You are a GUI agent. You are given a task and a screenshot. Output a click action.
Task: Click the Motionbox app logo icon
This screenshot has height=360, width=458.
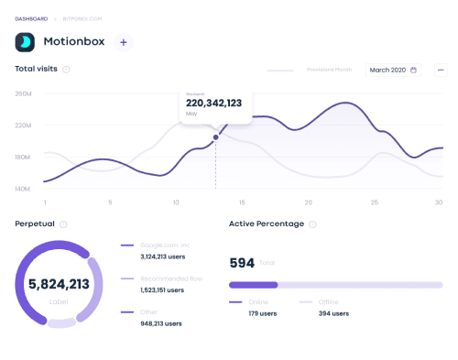[26, 42]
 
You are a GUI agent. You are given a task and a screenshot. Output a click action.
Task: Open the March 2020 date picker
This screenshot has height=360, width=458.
[393, 70]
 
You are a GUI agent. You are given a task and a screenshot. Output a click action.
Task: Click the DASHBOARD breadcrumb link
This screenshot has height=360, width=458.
[31, 18]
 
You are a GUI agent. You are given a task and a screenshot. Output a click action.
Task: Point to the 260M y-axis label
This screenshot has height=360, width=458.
[24, 93]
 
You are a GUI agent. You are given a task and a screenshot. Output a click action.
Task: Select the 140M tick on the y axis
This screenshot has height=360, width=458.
[24, 189]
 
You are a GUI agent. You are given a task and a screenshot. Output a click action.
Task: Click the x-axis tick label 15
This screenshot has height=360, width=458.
[242, 202]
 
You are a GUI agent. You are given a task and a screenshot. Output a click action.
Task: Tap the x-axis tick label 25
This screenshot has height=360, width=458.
[374, 202]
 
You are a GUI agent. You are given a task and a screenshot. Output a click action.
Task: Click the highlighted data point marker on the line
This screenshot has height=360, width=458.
[216, 137]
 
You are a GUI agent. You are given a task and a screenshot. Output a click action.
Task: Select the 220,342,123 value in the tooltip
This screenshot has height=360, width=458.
[213, 104]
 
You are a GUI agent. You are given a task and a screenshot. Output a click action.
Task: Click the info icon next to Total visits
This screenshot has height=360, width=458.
[66, 70]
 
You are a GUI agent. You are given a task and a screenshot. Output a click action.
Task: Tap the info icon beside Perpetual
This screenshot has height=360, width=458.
[63, 224]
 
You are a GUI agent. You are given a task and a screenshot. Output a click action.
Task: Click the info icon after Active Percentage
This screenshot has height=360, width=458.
[312, 224]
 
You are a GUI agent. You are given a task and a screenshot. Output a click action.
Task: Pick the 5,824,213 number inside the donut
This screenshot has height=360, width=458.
[60, 284]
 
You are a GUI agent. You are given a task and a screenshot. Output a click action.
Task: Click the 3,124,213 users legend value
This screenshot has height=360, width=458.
[161, 257]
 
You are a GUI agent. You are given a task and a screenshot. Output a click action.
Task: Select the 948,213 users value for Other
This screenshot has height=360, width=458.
[161, 323]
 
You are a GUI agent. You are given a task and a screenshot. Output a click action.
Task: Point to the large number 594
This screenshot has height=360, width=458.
[241, 262]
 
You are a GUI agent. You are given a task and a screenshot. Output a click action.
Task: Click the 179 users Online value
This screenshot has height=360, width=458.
[247, 314]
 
